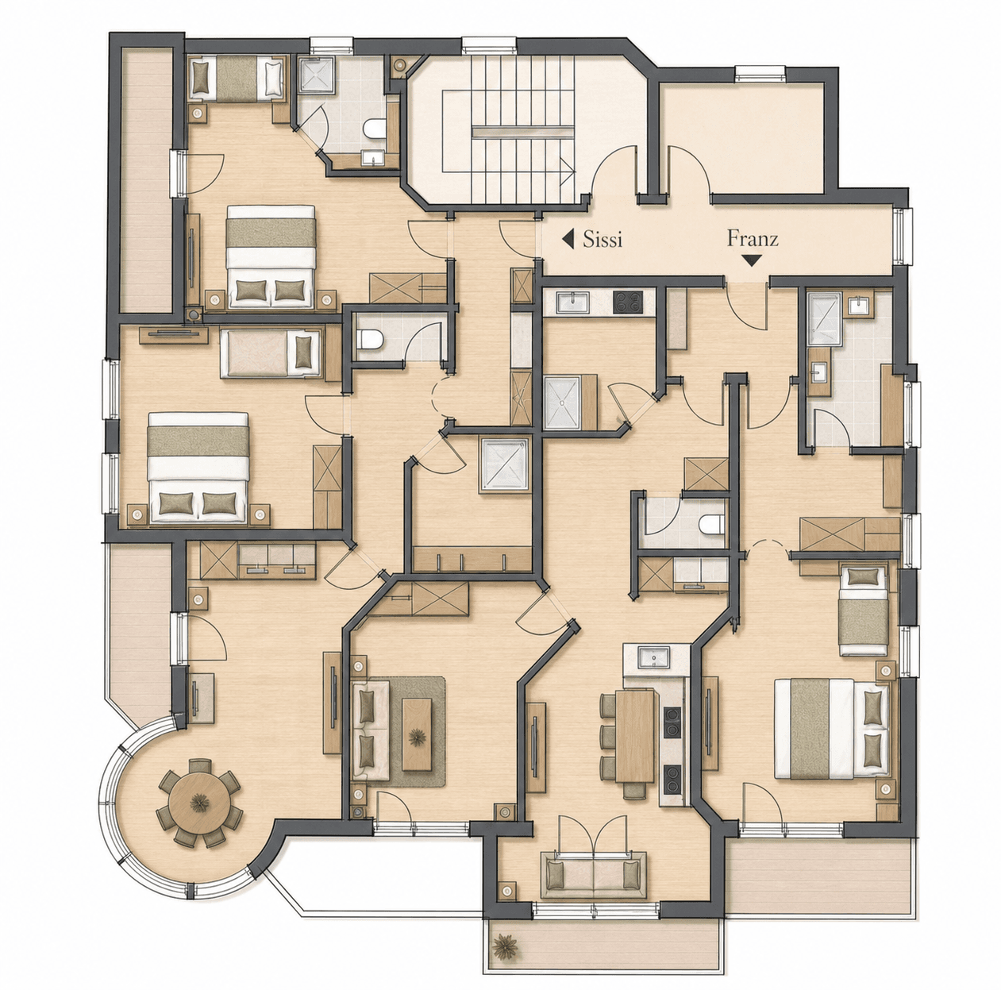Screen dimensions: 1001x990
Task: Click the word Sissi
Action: pyautogui.click(x=602, y=240)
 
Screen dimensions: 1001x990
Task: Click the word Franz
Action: pyautogui.click(x=753, y=239)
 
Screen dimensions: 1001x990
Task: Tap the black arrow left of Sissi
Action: pyautogui.click(x=568, y=240)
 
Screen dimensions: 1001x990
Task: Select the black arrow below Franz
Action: pyautogui.click(x=753, y=260)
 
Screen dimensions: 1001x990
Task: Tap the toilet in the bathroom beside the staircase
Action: pyautogui.click(x=374, y=129)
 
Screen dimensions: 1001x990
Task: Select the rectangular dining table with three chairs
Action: pyautogui.click(x=635, y=742)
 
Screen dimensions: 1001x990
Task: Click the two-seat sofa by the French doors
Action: pyautogui.click(x=594, y=876)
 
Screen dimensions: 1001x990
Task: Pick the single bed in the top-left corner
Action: pyautogui.click(x=237, y=78)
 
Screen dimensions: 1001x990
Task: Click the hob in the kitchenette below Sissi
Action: pyautogui.click(x=627, y=302)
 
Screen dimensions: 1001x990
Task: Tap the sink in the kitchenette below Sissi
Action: pyautogui.click(x=572, y=302)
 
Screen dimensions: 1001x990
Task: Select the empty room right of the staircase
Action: pyautogui.click(x=741, y=134)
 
